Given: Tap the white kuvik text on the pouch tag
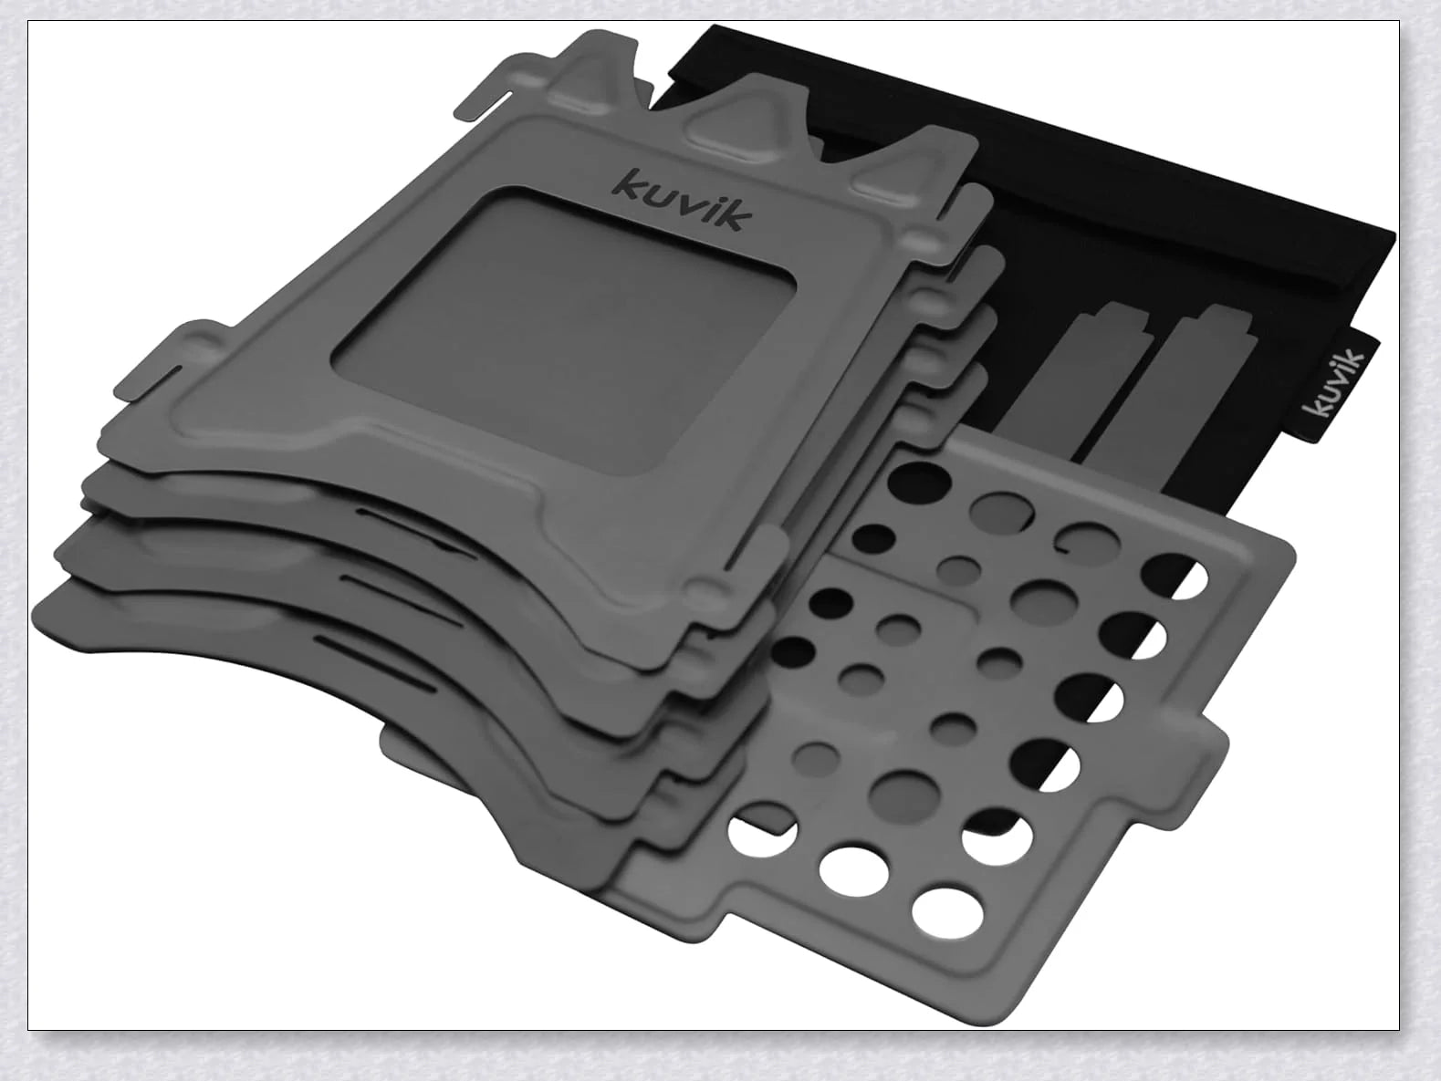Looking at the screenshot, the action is [x=1335, y=385].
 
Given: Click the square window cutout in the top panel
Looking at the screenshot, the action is [x=563, y=330].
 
